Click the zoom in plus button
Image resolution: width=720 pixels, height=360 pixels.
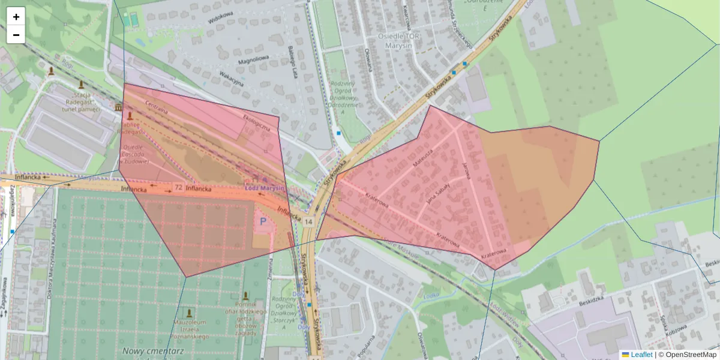click(16, 17)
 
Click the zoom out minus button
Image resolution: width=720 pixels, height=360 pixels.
click(16, 35)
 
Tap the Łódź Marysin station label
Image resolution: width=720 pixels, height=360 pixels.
click(265, 187)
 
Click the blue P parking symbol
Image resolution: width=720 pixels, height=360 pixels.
click(262, 221)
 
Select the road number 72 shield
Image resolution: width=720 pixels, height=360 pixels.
click(178, 188)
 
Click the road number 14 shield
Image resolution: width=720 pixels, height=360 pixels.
click(308, 221)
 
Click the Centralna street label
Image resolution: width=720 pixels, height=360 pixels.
click(156, 110)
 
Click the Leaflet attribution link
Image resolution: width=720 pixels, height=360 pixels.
click(641, 355)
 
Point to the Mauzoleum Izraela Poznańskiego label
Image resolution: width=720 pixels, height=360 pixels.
click(190, 328)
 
